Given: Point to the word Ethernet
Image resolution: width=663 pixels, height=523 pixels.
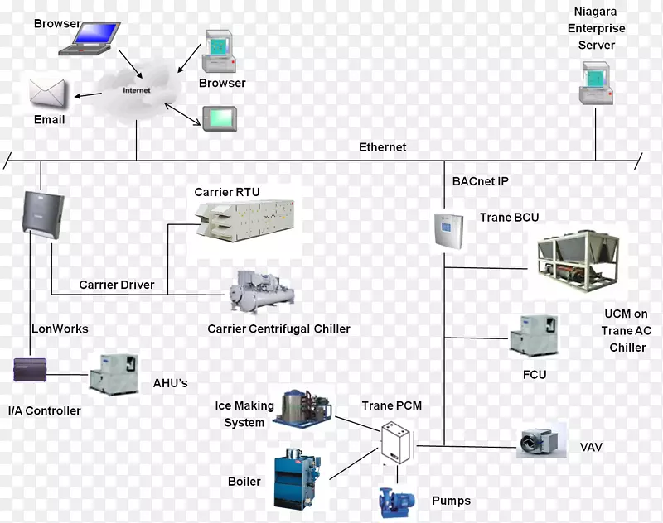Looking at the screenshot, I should (x=382, y=147).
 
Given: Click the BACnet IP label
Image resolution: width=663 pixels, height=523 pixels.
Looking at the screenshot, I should (x=480, y=181).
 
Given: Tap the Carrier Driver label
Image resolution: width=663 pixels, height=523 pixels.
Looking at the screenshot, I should (x=117, y=285).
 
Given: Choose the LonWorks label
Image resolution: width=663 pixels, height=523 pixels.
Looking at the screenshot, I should (x=60, y=329).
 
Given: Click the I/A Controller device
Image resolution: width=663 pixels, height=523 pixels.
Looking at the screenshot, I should (x=33, y=370).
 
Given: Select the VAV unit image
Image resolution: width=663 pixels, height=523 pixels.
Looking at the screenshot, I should (x=540, y=443).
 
